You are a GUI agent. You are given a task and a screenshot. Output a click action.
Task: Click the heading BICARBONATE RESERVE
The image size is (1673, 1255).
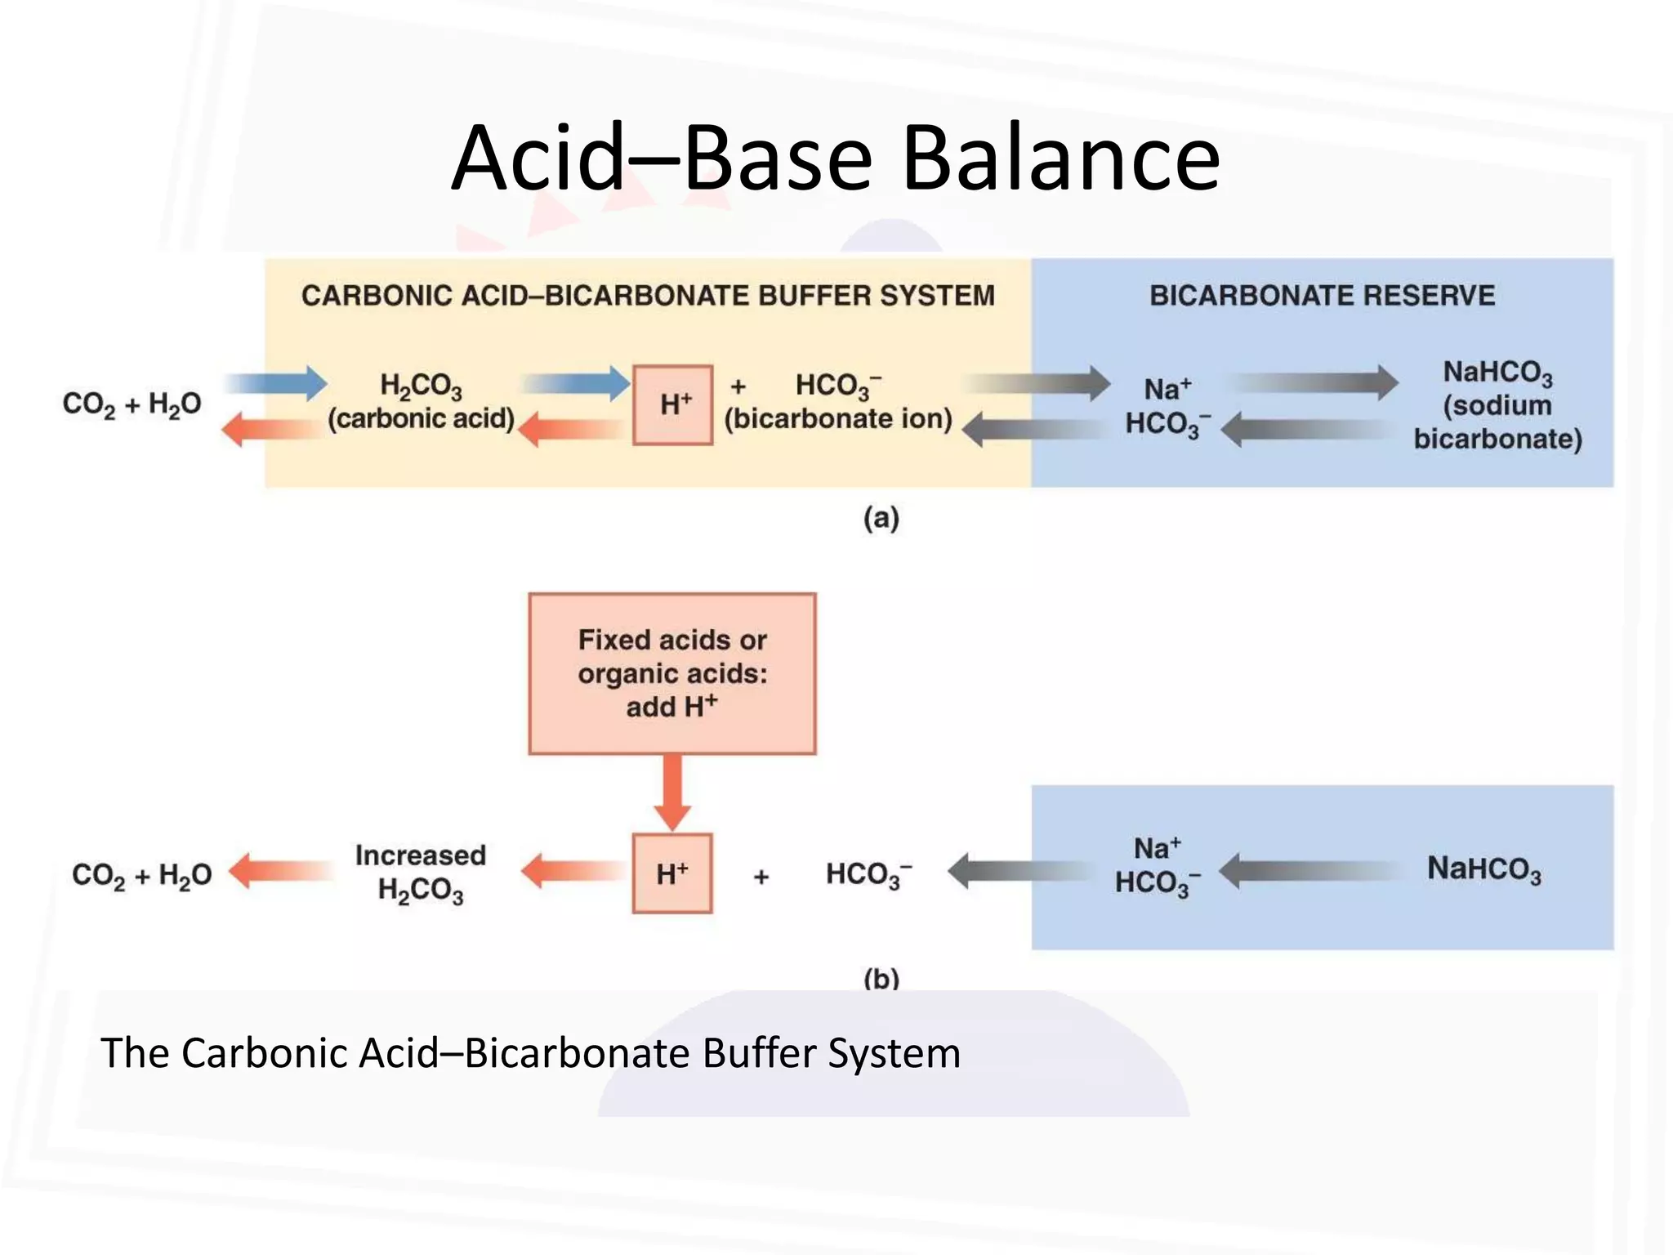pos(1322,295)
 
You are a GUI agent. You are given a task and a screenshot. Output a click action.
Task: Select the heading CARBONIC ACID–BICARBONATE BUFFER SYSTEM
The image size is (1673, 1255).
pos(648,295)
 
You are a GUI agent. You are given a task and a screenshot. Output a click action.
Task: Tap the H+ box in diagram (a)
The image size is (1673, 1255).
pos(673,404)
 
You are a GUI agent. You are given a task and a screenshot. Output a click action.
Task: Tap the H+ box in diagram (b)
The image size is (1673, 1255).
pos(672,873)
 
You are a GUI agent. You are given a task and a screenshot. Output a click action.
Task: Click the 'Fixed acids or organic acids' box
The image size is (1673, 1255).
pos(672,673)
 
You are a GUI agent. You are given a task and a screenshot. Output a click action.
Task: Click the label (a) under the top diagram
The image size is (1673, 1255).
pos(881,518)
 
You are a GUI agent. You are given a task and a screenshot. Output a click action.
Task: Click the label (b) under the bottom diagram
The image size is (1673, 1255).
pos(881,977)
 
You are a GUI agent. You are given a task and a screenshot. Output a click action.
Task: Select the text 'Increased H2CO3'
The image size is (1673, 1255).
pos(421,873)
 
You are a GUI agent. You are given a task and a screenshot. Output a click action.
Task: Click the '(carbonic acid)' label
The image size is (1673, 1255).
pos(421,418)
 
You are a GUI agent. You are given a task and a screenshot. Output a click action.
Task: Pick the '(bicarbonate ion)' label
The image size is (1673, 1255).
pos(839,418)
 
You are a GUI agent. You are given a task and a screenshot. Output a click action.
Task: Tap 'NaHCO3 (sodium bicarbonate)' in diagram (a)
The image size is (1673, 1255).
pos(1497,405)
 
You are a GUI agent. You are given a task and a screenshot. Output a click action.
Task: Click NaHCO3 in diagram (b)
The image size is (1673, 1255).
pos(1483,869)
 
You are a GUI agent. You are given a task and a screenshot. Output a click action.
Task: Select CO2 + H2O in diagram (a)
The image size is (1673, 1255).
pos(132,404)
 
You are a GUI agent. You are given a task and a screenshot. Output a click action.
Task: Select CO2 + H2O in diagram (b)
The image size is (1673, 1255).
pos(141,875)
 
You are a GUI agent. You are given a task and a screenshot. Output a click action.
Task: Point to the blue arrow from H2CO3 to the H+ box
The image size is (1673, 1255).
pos(576,383)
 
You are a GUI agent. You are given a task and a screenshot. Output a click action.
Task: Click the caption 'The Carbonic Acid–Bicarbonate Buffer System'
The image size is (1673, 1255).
pos(530,1052)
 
